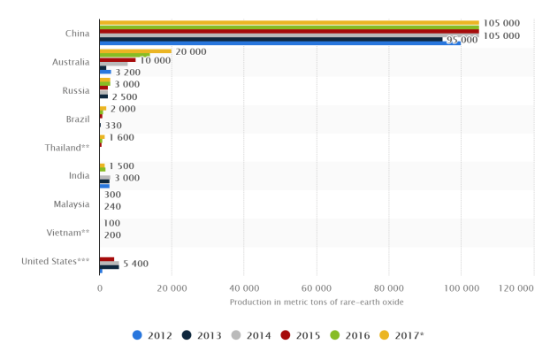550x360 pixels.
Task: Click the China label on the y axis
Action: (77, 34)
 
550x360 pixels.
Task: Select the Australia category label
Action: (71, 62)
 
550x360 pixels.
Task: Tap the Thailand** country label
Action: (67, 147)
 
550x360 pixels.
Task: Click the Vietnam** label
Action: (68, 232)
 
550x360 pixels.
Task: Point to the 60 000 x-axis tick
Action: (317, 287)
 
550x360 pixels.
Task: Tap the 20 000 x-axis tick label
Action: (172, 287)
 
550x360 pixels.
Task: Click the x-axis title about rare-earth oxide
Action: (317, 302)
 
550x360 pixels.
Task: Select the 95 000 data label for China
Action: (462, 40)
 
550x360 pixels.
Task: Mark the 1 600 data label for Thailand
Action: (122, 137)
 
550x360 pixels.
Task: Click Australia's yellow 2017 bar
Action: (135, 51)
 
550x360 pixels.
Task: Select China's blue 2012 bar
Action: (279, 42)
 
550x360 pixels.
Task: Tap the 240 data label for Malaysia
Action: (112, 206)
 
